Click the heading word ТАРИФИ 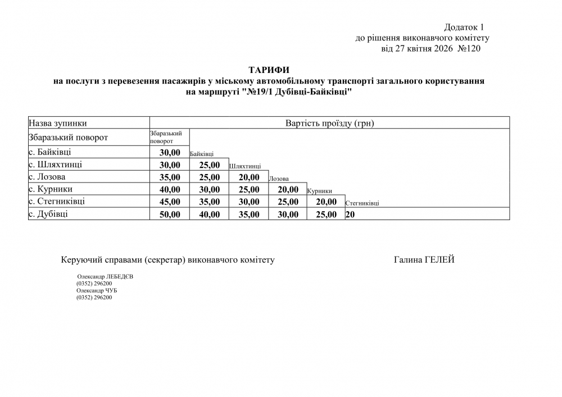[x=268, y=70]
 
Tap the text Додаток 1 [x=464, y=27]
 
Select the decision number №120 [x=469, y=48]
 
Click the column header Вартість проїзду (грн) [x=329, y=123]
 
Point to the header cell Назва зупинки [x=58, y=123]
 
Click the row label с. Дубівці [x=48, y=213]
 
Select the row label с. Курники [x=50, y=189]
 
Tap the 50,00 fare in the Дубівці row [x=170, y=214]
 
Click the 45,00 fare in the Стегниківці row [x=170, y=202]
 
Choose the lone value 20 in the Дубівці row [x=350, y=214]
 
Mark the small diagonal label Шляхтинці [x=245, y=166]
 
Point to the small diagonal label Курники [x=320, y=191]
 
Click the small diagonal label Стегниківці [x=362, y=203]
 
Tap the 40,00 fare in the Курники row [x=170, y=189]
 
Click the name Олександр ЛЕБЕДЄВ [x=105, y=277]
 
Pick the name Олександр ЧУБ [x=97, y=290]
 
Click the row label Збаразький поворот [x=68, y=138]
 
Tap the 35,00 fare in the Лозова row [x=170, y=177]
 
